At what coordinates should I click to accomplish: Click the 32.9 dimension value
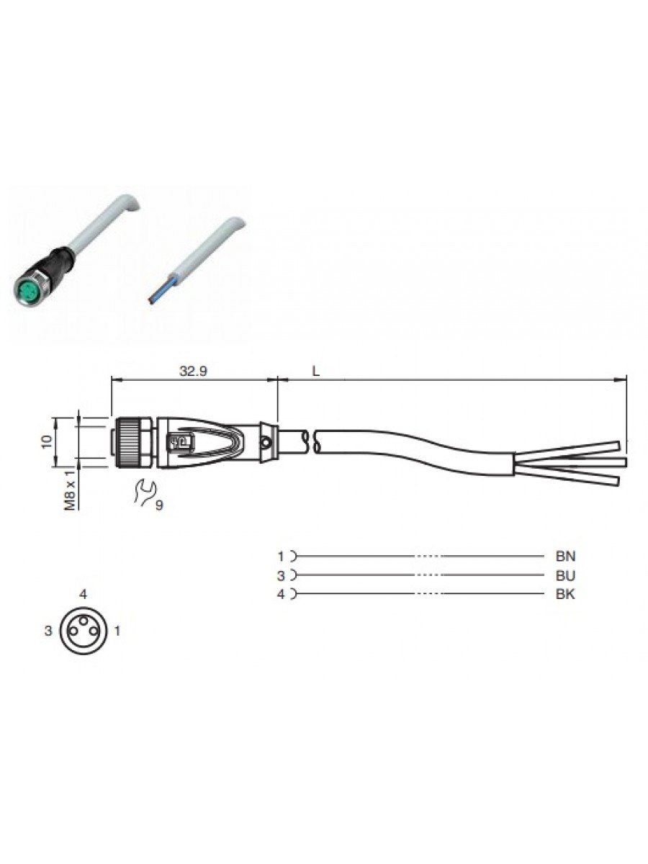[x=193, y=371]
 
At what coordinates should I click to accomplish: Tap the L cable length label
[x=316, y=372]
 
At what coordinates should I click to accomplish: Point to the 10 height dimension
[x=47, y=442]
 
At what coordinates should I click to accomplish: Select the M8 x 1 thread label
[x=71, y=490]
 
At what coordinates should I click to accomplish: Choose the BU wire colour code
[x=565, y=575]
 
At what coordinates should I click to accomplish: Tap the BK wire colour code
[x=565, y=594]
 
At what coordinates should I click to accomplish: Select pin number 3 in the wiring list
[x=281, y=575]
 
